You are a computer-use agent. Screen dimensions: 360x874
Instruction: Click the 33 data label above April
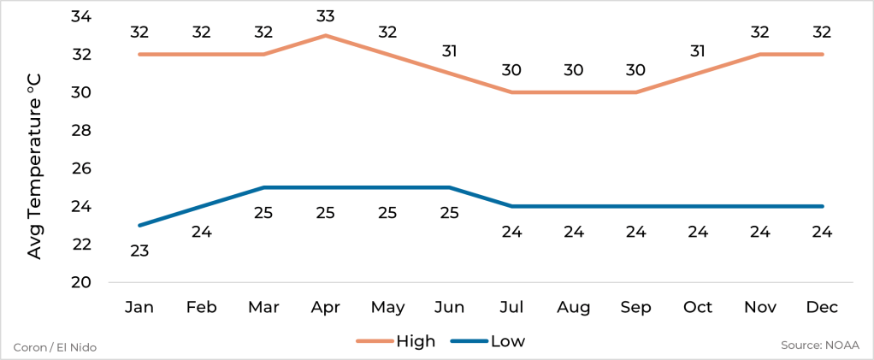[x=326, y=15]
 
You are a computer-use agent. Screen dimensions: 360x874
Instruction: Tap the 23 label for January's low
[x=139, y=251]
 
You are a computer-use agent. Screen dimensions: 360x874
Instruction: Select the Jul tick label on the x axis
[x=511, y=307]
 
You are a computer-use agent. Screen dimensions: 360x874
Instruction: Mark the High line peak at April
[x=326, y=36]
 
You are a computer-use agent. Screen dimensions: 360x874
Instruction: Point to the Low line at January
[x=139, y=225]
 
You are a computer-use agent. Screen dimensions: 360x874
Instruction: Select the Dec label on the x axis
[x=823, y=307]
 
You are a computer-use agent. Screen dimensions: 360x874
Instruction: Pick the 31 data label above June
[x=450, y=50]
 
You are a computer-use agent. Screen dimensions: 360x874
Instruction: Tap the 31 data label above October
[x=698, y=50]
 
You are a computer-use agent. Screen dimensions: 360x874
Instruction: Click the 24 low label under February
[x=201, y=232]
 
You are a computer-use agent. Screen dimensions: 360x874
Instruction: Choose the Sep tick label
[x=636, y=307]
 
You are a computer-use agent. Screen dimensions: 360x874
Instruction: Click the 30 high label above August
[x=574, y=70]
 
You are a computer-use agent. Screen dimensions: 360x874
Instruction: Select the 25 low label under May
[x=387, y=213]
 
